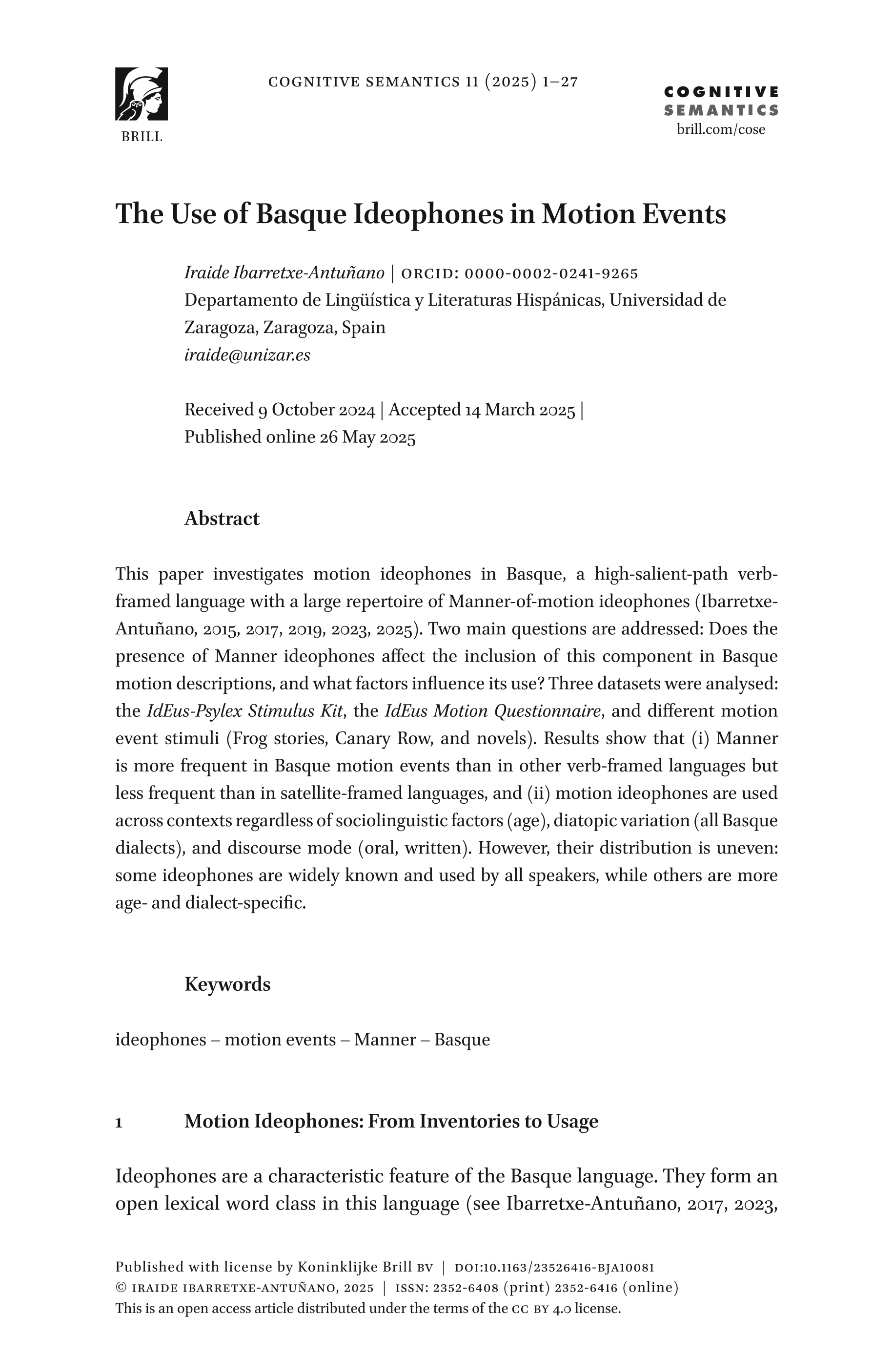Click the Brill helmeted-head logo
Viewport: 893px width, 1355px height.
point(141,94)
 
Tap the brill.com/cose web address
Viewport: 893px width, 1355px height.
point(720,129)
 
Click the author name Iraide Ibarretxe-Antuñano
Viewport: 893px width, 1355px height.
point(284,273)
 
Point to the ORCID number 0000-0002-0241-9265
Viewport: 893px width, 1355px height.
point(551,274)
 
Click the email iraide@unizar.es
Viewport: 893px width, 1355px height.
point(247,355)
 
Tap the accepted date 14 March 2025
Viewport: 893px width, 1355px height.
point(519,410)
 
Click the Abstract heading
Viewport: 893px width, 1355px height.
point(222,519)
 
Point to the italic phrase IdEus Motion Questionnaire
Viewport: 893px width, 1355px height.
point(493,711)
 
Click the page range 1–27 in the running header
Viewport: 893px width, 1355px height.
point(560,82)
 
